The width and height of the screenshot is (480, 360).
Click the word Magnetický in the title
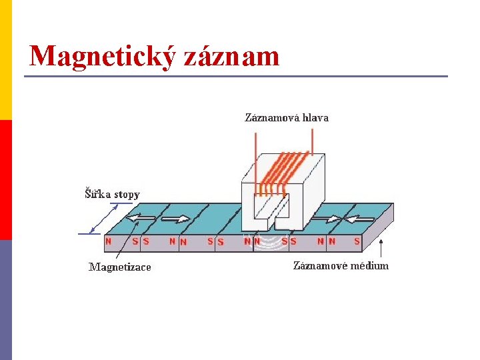click(x=102, y=56)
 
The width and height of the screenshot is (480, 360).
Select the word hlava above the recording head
click(x=315, y=118)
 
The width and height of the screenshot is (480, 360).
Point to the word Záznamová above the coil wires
click(x=272, y=118)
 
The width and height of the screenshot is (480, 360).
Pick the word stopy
click(x=127, y=195)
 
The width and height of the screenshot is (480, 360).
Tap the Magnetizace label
click(x=120, y=267)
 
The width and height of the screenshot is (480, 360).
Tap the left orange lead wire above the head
click(x=255, y=153)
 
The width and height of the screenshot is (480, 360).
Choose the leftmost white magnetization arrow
click(x=141, y=217)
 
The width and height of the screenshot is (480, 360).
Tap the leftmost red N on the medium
click(x=109, y=241)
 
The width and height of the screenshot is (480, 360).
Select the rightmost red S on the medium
click(x=357, y=241)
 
